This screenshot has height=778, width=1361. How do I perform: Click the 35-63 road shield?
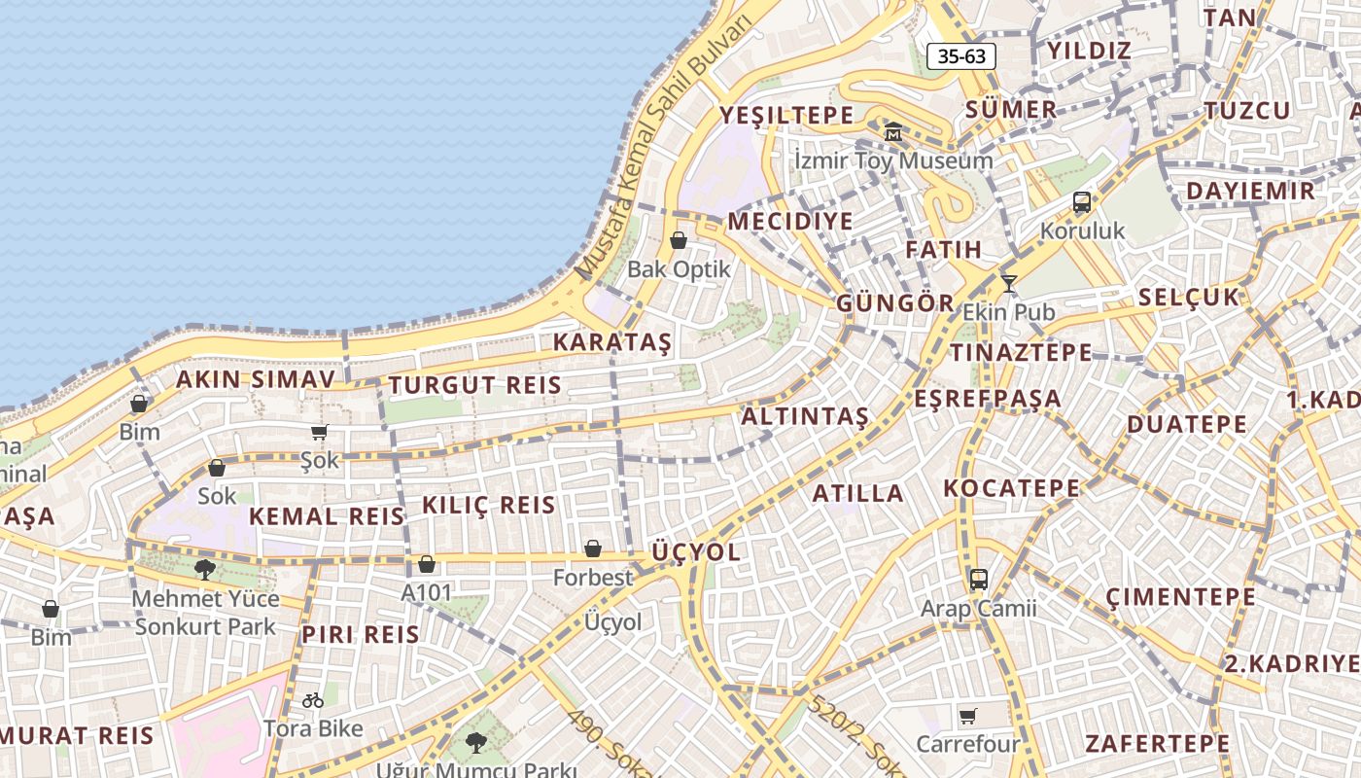pyautogui.click(x=961, y=56)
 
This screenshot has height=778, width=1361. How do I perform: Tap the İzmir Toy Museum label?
pyautogui.click(x=893, y=160)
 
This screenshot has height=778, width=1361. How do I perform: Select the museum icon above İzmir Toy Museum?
pyautogui.click(x=893, y=131)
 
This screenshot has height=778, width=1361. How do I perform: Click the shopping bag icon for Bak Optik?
pyautogui.click(x=679, y=240)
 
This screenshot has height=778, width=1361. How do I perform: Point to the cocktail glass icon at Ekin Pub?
pyautogui.click(x=1009, y=283)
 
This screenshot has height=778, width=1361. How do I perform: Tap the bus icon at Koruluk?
pyautogui.click(x=1082, y=202)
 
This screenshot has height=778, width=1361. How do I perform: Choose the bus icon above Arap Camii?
pyautogui.click(x=979, y=580)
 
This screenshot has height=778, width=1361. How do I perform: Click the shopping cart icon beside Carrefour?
pyautogui.click(x=968, y=717)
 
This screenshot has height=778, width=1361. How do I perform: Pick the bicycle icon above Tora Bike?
pyautogui.click(x=312, y=699)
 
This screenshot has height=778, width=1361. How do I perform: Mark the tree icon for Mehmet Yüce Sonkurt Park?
pyautogui.click(x=204, y=569)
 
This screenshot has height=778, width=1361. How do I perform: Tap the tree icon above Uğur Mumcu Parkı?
pyautogui.click(x=475, y=743)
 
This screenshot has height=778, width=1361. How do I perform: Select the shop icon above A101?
pyautogui.click(x=426, y=564)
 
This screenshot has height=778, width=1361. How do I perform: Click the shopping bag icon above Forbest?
pyautogui.click(x=592, y=549)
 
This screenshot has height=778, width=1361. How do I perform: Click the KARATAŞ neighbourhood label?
pyautogui.click(x=612, y=342)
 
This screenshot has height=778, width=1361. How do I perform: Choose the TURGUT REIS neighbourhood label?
pyautogui.click(x=475, y=385)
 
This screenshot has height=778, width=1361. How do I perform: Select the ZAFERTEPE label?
pyautogui.click(x=1157, y=744)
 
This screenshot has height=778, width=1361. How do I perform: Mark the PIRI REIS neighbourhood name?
pyautogui.click(x=360, y=635)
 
